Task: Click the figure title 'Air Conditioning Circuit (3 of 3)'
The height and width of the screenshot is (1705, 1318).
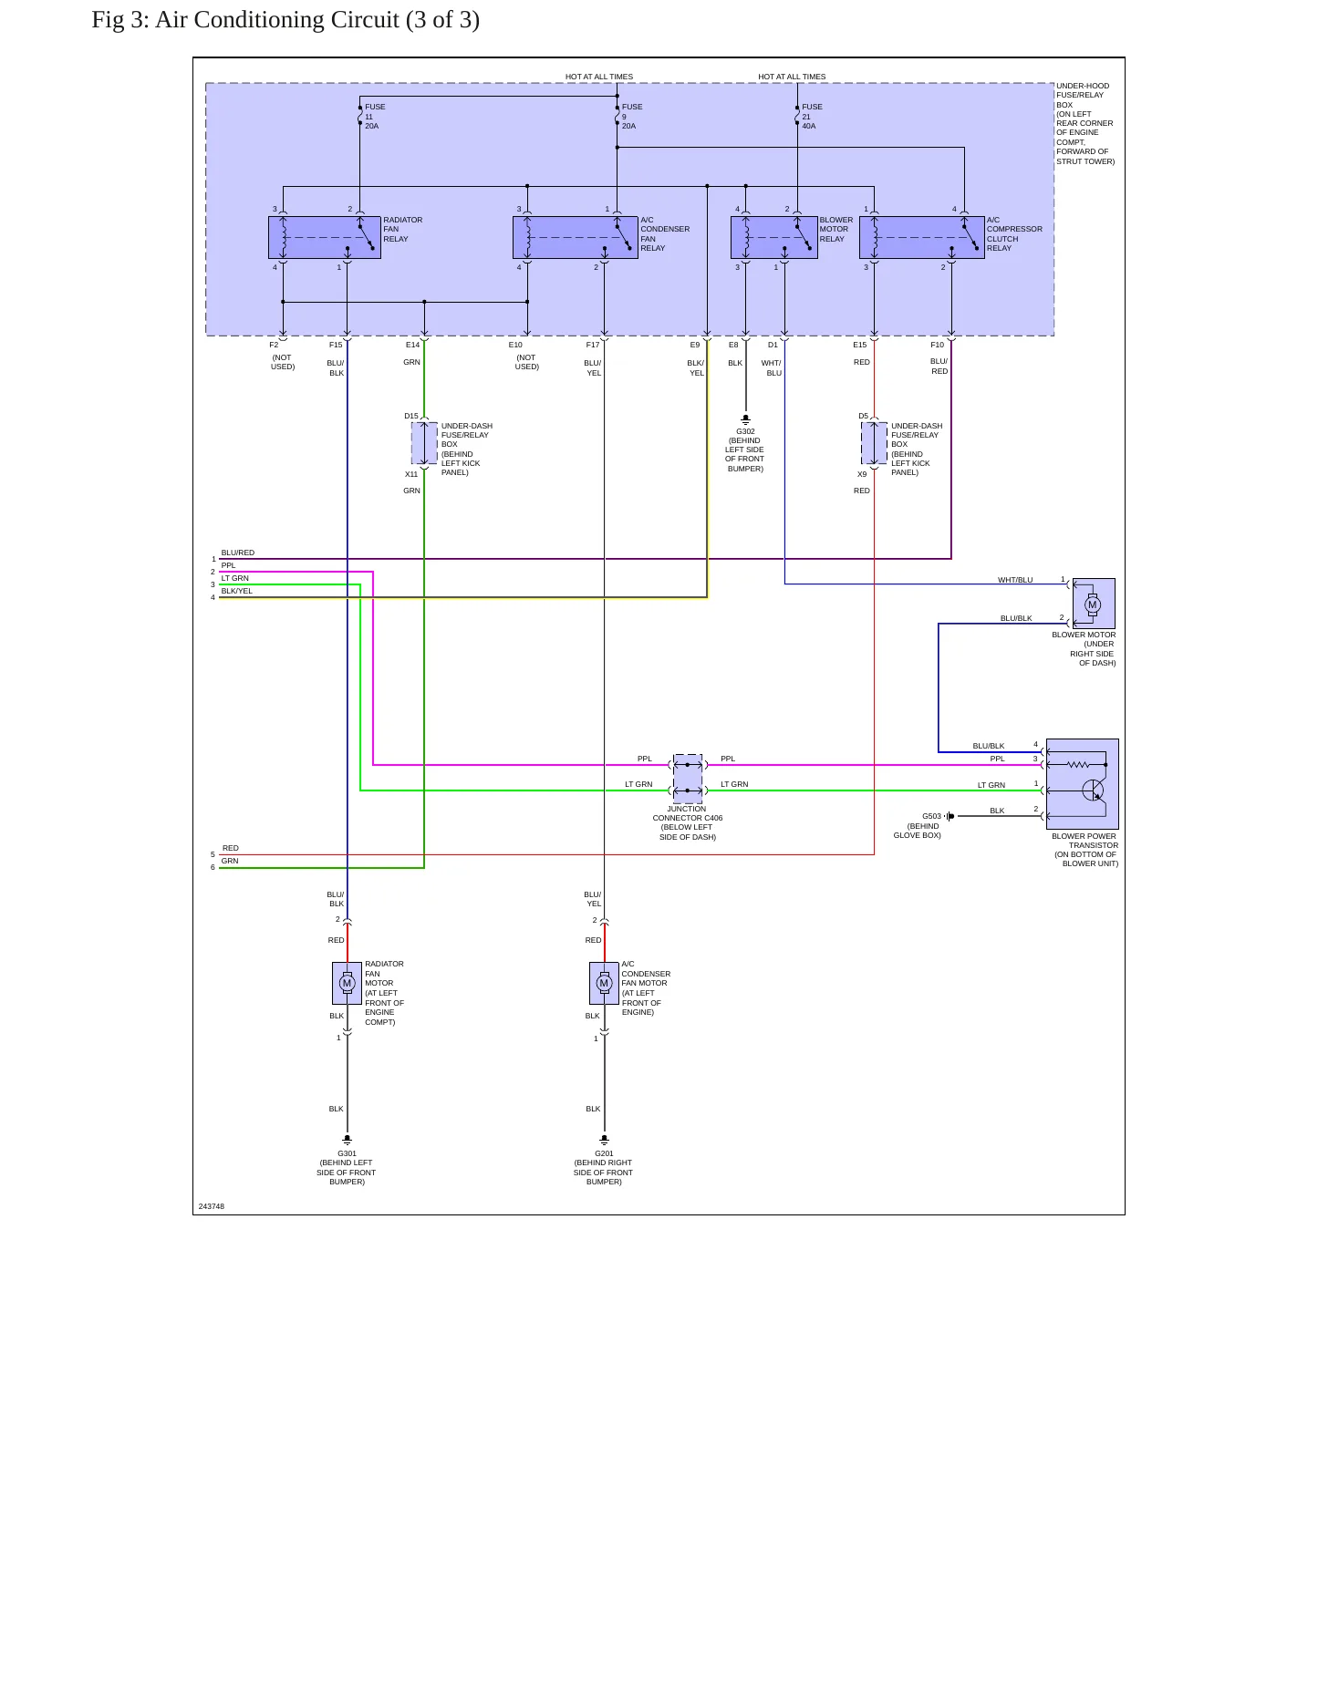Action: [317, 20]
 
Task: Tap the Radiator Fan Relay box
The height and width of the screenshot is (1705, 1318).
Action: [324, 237]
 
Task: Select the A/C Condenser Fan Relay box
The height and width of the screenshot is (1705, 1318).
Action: [575, 237]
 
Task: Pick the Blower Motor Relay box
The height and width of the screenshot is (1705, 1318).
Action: [773, 237]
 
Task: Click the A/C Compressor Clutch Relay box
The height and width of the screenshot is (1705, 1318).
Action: [922, 237]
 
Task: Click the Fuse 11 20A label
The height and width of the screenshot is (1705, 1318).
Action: [375, 117]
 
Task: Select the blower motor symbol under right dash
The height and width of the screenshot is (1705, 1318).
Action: [1093, 604]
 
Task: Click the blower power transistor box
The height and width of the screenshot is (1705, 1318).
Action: [1082, 784]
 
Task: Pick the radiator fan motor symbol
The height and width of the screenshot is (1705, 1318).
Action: [347, 983]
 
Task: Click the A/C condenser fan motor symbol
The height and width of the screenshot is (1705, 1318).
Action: [604, 983]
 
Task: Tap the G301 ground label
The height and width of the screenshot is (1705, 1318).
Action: [347, 1153]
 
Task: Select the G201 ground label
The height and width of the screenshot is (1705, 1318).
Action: [604, 1153]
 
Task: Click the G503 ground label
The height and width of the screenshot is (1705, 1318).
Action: [931, 817]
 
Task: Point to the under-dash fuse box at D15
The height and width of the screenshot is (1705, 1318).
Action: [424, 443]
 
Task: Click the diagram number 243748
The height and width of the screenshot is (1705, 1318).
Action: [212, 1206]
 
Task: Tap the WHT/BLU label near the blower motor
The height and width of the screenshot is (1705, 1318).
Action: [1015, 580]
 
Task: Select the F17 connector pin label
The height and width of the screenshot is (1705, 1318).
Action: [593, 345]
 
